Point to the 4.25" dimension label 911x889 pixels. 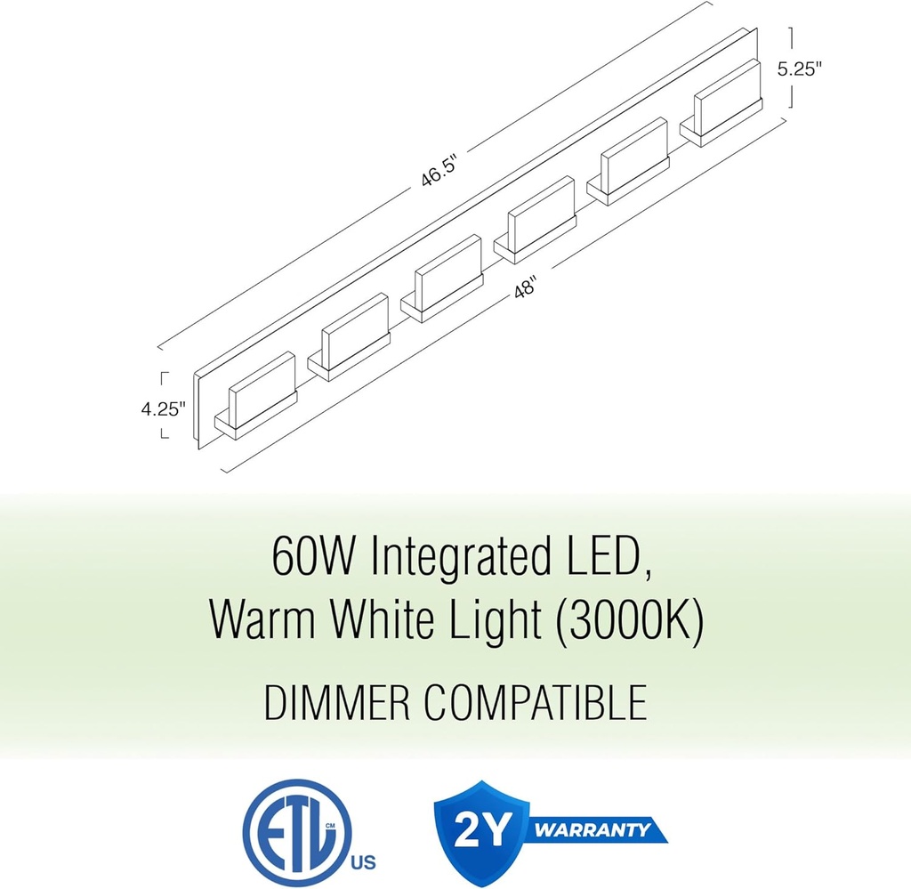(x=163, y=409)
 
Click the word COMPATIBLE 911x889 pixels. (x=535, y=702)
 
